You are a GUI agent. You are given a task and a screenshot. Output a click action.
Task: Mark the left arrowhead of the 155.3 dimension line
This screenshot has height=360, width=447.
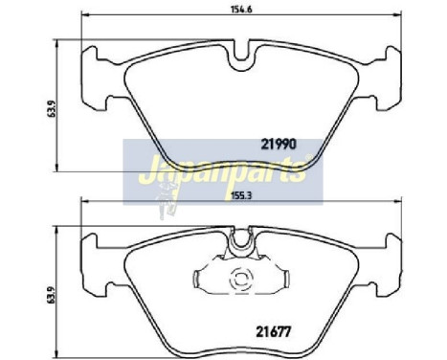85,201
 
